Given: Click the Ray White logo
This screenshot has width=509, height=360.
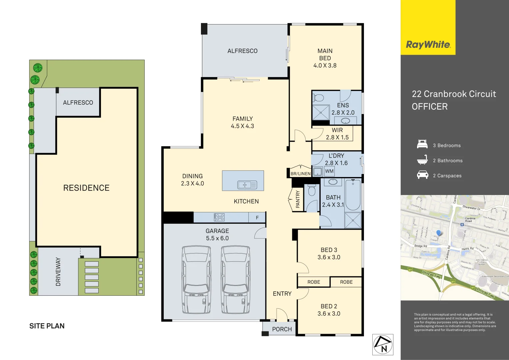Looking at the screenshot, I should [x=428, y=45].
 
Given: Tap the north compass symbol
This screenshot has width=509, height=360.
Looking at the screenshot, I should [x=383, y=344].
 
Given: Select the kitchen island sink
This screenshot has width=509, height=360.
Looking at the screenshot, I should [x=247, y=185].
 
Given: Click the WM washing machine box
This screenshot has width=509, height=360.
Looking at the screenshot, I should [x=329, y=171].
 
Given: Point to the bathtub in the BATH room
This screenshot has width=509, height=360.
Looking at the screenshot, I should [x=353, y=195].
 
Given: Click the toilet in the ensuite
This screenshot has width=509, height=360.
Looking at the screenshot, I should [x=318, y=98].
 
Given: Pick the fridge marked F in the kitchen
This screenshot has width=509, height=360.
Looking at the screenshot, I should [x=257, y=218].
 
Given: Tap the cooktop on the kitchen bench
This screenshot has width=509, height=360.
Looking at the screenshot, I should [x=219, y=218].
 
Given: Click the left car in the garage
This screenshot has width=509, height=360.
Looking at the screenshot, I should [x=196, y=280].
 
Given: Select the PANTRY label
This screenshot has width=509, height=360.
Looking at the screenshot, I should [x=298, y=199].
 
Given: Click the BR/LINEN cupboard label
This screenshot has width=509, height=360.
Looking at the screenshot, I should [x=300, y=174].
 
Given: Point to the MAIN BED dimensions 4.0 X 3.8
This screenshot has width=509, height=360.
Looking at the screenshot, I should [x=325, y=66].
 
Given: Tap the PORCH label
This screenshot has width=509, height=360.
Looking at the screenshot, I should [x=282, y=329].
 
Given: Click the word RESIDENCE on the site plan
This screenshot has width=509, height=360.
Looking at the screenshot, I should [x=86, y=188].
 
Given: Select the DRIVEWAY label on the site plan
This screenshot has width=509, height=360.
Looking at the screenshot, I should [x=58, y=272].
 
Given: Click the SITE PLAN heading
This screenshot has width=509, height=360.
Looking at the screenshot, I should [x=47, y=326].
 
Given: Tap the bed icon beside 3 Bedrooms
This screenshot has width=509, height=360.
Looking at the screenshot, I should [x=422, y=144].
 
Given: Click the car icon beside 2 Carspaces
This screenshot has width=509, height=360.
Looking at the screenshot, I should [x=422, y=175].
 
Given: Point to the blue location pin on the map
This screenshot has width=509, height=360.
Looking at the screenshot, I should [x=438, y=233].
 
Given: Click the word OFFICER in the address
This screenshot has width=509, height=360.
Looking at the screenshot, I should [x=429, y=107].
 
